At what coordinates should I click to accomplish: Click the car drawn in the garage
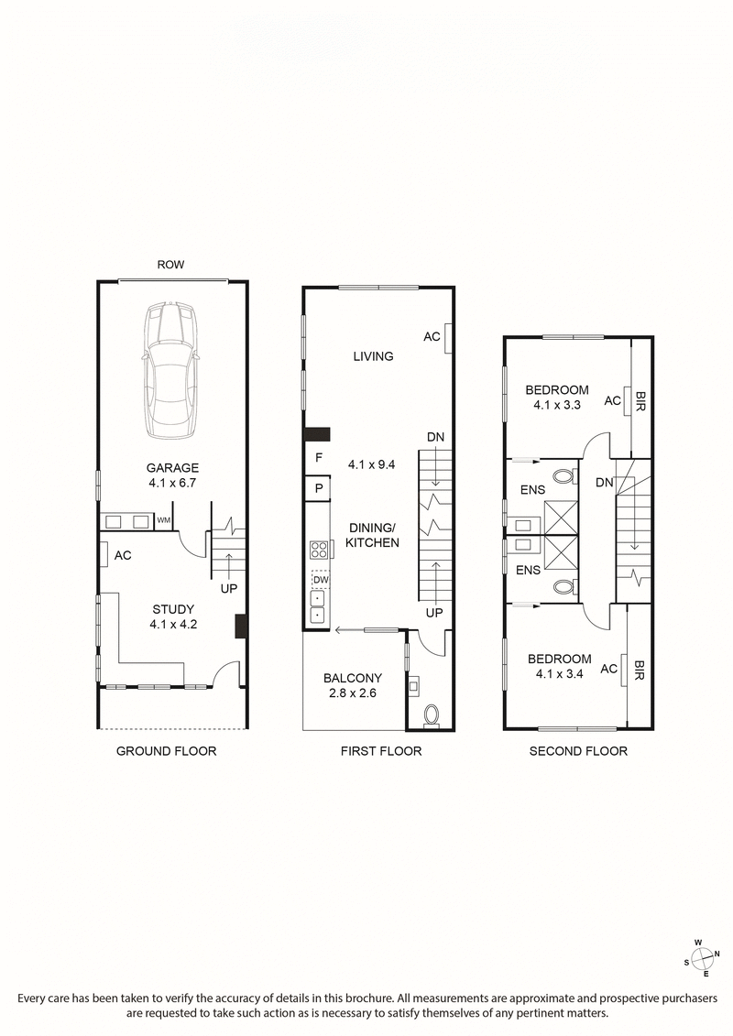coord(171,369)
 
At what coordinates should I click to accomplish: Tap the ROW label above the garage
coord(170,265)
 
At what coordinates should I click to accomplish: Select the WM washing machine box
coord(164,521)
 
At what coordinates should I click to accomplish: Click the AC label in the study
coord(123,555)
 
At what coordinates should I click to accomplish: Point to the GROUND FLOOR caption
coord(166,751)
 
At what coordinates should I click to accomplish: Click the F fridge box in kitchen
coord(318,456)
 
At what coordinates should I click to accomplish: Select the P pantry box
coord(318,488)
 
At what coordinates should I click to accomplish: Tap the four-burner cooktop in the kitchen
coord(319,551)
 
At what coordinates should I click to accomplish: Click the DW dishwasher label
coord(320,580)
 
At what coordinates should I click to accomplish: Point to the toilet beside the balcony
coord(431,714)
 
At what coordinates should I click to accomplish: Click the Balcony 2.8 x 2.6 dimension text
coord(353,693)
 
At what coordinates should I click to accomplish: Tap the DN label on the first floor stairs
coord(434,437)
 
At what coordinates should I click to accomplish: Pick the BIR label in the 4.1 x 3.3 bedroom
coord(640,400)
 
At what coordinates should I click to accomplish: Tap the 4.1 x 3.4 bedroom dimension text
coord(559,674)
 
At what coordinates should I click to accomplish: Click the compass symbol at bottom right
coord(704,957)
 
